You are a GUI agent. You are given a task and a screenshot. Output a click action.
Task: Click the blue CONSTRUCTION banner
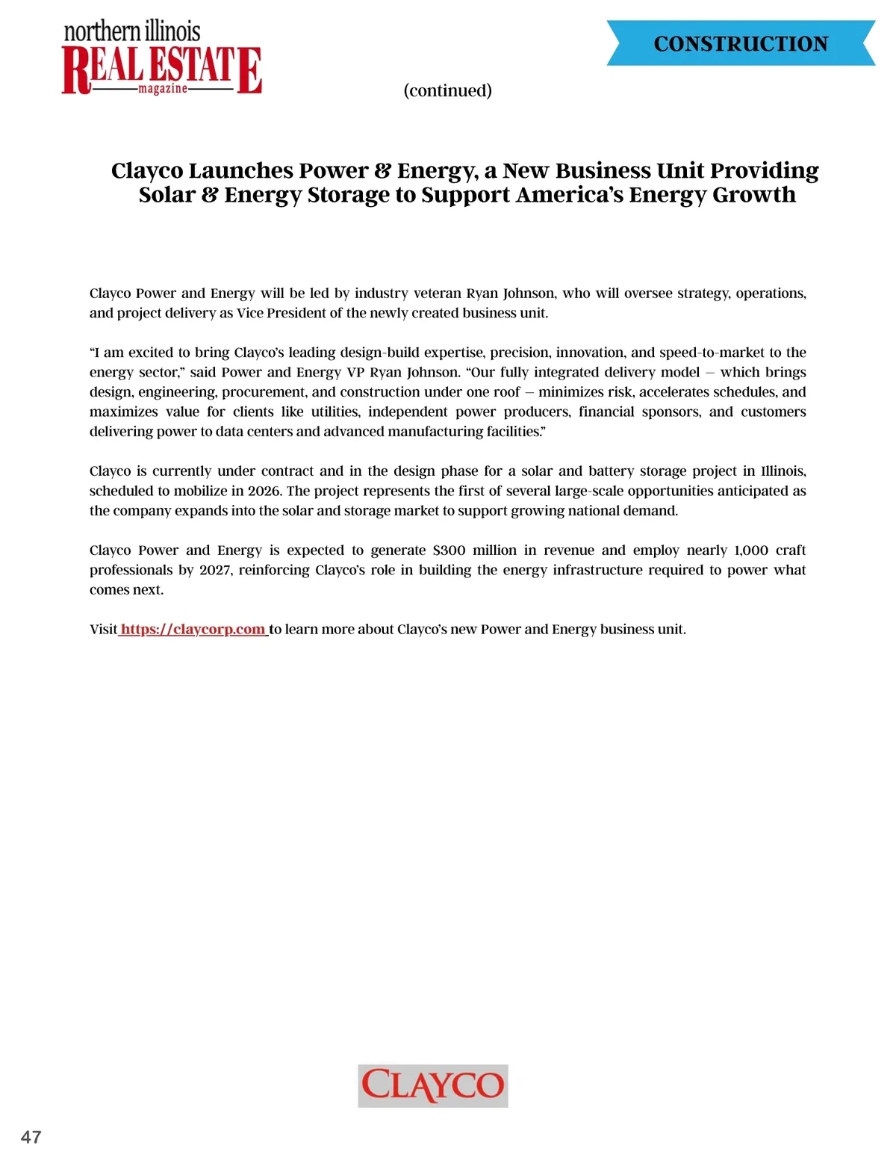click(x=741, y=43)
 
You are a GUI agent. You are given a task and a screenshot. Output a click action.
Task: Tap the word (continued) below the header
click(x=447, y=90)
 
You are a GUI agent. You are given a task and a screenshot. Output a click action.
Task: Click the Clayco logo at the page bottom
click(x=433, y=1085)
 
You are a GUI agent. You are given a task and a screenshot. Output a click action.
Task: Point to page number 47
click(x=31, y=1137)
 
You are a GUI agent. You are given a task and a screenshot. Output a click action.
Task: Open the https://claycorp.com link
click(x=193, y=629)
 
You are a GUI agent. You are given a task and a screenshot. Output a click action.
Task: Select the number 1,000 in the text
click(x=750, y=550)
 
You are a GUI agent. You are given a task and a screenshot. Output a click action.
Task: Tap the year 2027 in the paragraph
click(x=216, y=570)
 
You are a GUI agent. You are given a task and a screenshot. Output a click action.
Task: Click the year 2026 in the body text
click(x=264, y=491)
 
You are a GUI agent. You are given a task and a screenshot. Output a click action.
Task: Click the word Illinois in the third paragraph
click(x=783, y=471)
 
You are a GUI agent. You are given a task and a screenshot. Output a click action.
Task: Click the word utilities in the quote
click(x=335, y=412)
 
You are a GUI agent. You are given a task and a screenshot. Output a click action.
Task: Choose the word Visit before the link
click(x=104, y=629)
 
